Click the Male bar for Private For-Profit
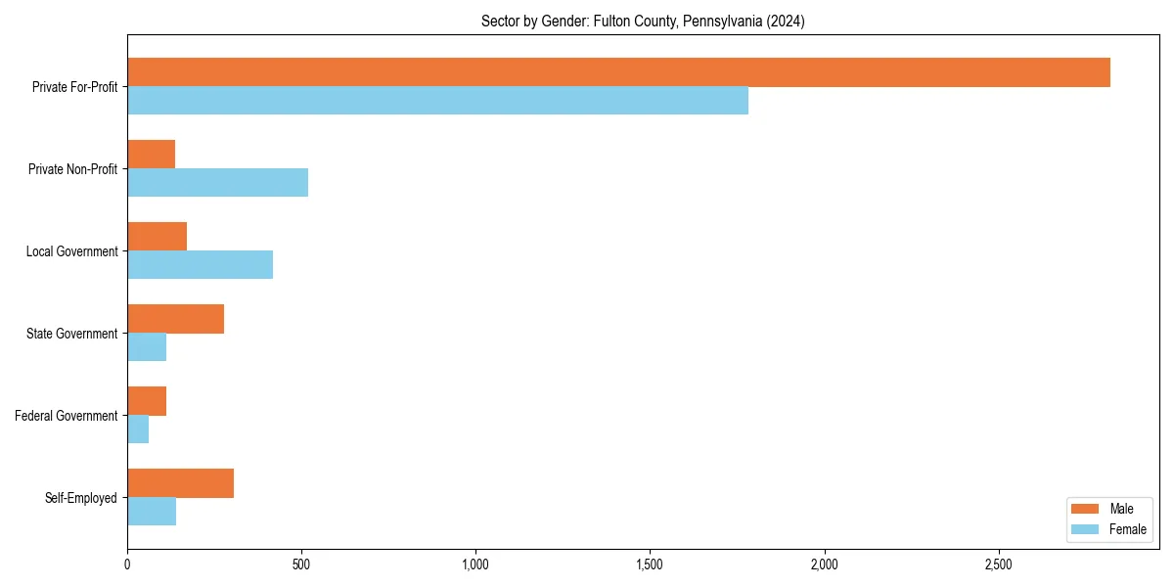618,72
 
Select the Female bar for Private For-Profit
437,101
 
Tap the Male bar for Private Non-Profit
151,155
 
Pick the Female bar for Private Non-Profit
217,183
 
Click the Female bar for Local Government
200,265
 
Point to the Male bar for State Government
175,319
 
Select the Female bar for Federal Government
138,429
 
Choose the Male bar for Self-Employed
180,483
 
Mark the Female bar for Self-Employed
152,512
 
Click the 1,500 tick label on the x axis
650,565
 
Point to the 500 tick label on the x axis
301,565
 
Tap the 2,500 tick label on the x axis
998,565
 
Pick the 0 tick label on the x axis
127,565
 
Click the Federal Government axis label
67,416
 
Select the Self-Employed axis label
81,498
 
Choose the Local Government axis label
72,251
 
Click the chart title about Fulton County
643,22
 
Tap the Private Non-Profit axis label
73,169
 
